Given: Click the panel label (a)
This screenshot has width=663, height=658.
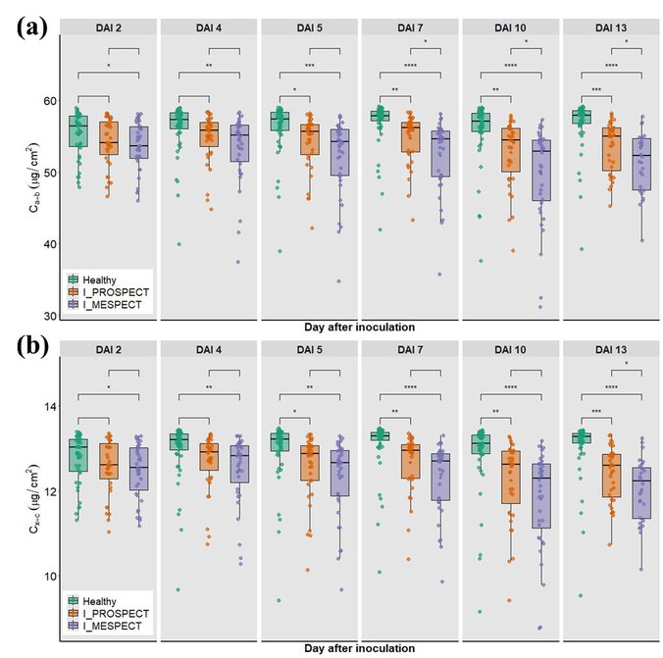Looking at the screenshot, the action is click(31, 27).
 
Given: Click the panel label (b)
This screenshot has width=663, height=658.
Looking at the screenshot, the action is click(32, 346).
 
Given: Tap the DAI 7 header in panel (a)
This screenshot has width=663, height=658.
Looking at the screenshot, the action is click(410, 27).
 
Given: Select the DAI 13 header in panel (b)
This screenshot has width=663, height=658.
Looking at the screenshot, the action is click(611, 350).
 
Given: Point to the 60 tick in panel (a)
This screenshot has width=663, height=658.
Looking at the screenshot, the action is click(49, 101).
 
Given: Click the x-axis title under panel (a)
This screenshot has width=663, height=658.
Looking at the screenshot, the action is click(359, 327).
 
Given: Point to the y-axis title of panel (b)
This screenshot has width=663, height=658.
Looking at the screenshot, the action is click(33, 498).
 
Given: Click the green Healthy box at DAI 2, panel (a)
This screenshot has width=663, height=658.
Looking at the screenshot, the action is click(77, 131).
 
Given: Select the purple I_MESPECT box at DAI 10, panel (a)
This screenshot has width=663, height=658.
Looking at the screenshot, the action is click(541, 171).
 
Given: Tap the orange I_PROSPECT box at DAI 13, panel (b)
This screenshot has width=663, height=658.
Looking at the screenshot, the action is click(611, 476).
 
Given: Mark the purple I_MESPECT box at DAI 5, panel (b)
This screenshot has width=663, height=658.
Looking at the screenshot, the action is click(339, 474).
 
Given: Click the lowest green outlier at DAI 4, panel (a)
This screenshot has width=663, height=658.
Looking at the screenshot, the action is click(178, 244).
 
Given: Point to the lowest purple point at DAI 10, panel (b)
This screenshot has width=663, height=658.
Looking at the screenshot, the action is click(540, 628).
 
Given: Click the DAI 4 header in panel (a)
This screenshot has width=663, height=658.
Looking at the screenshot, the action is click(209, 27).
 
